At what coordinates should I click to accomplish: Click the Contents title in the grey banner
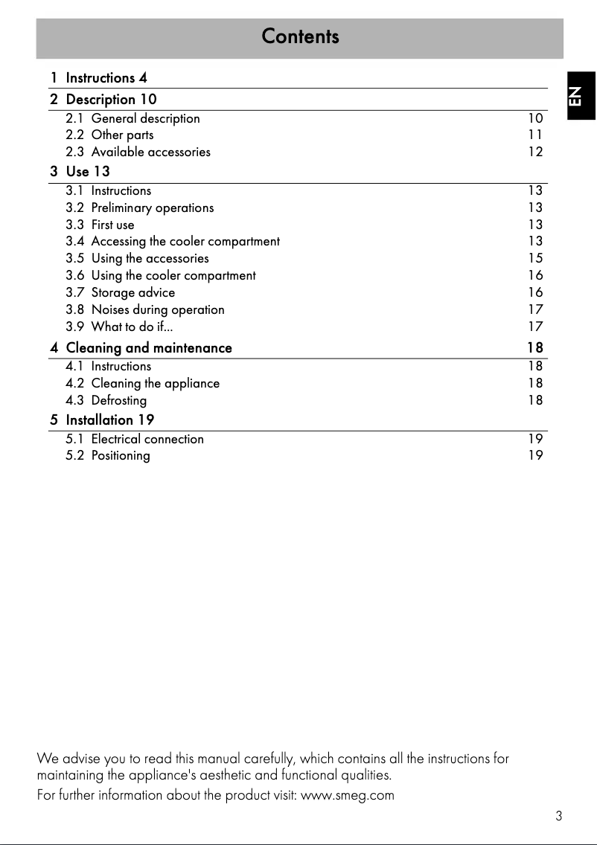300,36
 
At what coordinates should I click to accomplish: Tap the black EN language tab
581,95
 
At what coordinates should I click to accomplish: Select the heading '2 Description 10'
103,99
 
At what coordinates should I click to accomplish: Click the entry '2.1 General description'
133,118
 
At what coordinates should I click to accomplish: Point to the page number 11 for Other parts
535,135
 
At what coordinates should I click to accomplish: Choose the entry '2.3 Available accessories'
138,152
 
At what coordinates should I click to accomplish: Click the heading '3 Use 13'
80,172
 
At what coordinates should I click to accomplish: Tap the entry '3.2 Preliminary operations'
139,208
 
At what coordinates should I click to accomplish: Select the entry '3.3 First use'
100,225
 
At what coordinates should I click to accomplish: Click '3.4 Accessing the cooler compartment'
173,241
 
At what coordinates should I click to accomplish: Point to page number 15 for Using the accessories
535,258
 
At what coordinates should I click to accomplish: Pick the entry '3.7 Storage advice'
121,292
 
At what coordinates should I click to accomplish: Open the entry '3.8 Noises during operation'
144,309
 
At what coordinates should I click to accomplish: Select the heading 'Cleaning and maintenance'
149,347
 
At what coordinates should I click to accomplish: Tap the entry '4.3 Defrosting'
106,400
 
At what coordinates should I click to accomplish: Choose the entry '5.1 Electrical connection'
134,439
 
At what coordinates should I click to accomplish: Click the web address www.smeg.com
347,795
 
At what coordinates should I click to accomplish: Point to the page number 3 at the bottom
558,816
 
